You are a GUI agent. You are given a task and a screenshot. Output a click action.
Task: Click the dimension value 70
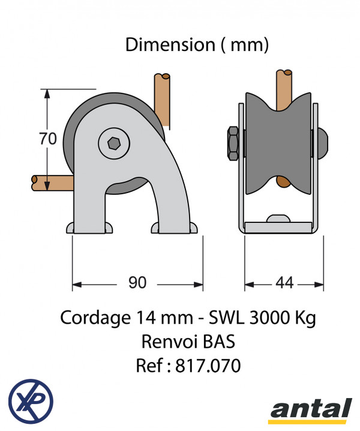coord(48,138)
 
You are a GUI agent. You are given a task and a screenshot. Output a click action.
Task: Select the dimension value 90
coord(137,282)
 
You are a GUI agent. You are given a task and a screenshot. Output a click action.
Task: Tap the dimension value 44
coord(284,282)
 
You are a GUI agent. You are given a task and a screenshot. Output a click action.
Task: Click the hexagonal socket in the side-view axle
coord(113,143)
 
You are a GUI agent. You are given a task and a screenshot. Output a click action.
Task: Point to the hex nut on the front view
coord(233,143)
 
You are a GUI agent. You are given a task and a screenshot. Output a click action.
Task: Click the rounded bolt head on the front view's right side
coord(323,143)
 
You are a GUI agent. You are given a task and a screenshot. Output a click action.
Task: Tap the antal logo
coord(311,411)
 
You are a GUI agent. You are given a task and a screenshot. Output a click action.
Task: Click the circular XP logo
coord(31,401)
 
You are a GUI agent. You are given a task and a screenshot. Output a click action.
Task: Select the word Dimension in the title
coord(170,44)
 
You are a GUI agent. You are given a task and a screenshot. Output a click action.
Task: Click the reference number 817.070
coord(208,366)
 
